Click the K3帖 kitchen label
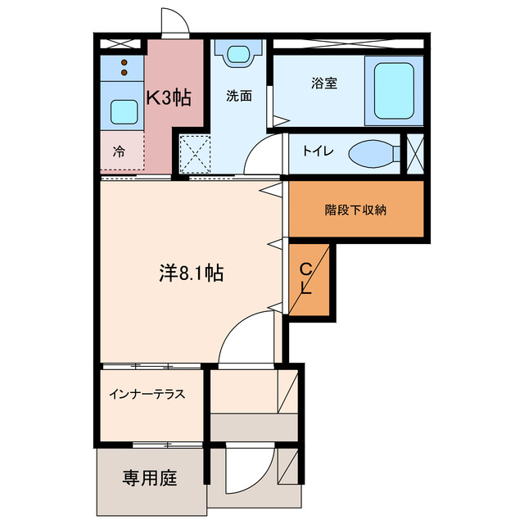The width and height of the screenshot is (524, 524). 169,97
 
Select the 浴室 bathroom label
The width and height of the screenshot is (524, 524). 324,83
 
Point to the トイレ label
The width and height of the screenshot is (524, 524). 317,151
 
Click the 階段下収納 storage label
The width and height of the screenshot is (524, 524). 355,210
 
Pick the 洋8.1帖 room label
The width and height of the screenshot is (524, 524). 191,273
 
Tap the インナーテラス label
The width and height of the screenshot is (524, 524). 147,393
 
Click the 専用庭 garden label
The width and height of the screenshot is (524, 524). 150,478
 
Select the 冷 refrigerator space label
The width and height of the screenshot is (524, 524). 119,151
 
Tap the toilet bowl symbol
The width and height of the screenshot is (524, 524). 371,153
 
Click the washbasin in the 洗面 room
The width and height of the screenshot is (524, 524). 238,56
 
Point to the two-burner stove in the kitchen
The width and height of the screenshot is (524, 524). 124,67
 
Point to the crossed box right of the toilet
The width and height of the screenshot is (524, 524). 416,152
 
